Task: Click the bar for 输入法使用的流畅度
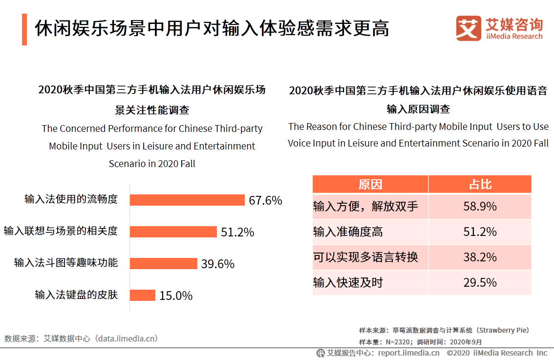point(187,200)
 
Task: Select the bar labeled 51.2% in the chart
point(173,232)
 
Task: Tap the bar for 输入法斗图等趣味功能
point(164,263)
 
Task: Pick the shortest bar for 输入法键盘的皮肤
point(143,295)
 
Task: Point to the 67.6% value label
point(265,200)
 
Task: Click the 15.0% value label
point(176,296)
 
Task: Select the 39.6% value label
point(218,264)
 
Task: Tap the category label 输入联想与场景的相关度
point(61,231)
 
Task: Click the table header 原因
point(370,184)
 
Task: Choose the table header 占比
point(480,184)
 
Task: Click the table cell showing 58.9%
point(480,206)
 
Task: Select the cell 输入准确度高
point(348,232)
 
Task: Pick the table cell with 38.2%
point(480,257)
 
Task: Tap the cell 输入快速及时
point(348,282)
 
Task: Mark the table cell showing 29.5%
point(480,282)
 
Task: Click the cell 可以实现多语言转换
point(365,257)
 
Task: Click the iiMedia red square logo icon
point(469,28)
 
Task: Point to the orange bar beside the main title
point(24,29)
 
